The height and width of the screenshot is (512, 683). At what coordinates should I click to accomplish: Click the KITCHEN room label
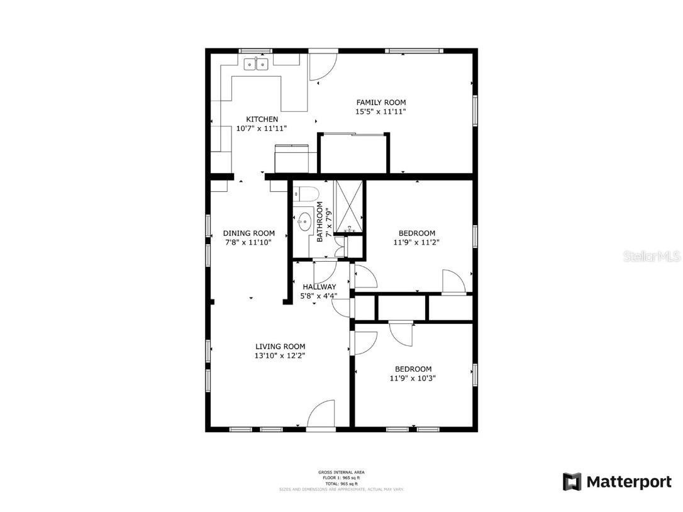[x=262, y=120]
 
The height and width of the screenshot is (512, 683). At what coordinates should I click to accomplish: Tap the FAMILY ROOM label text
[x=380, y=103]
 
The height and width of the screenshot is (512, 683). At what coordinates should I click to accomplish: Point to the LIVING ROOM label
[x=280, y=347]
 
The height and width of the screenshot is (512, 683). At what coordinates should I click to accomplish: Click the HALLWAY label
[x=319, y=287]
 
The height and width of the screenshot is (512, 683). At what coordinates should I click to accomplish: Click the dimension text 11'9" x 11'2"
[x=416, y=242]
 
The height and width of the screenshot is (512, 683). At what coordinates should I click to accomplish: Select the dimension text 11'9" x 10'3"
[x=413, y=379]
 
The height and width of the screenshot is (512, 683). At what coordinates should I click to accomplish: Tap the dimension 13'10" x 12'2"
[x=280, y=355]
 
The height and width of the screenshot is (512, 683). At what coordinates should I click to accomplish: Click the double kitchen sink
[x=257, y=64]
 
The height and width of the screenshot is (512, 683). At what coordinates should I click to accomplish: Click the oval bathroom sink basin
[x=305, y=221]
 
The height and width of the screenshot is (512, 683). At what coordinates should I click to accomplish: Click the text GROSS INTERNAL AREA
[x=341, y=472]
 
